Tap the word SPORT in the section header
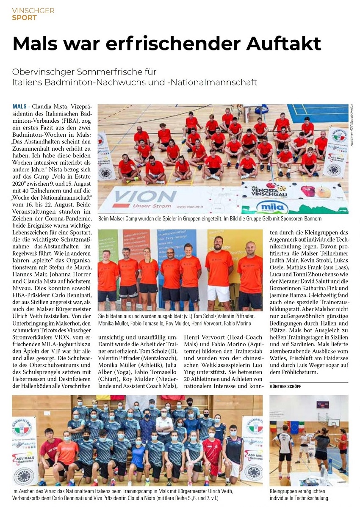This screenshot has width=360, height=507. click(x=24, y=18)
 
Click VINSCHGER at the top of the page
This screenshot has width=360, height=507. click(x=33, y=11)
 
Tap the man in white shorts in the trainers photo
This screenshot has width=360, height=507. click(x=219, y=271)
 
